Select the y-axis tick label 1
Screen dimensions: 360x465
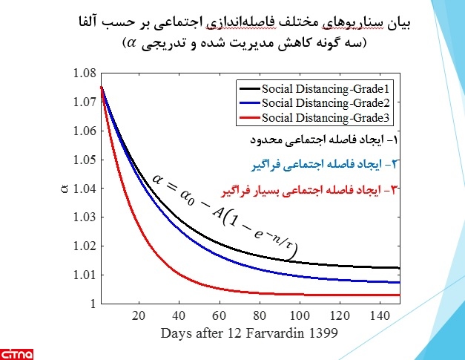(91, 304)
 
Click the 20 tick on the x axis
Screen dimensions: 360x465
(139, 315)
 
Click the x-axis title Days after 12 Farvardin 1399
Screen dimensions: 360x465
(248, 333)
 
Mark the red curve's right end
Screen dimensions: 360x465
(399, 295)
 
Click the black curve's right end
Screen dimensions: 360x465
(399, 267)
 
